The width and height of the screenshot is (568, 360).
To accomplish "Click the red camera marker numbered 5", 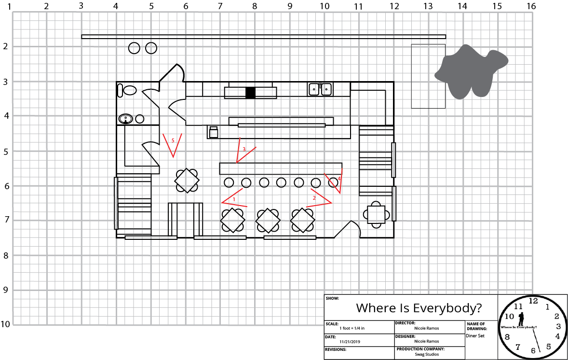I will [173, 143].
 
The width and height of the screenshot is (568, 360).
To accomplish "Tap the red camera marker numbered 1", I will [234, 199].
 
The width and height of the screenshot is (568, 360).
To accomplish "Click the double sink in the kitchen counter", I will [320, 89].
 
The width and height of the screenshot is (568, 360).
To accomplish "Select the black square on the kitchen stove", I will [250, 93].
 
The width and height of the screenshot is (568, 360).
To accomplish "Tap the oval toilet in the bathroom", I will [130, 90].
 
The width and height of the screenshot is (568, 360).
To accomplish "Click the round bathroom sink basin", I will [126, 118].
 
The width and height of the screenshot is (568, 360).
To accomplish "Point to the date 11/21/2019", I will [351, 341].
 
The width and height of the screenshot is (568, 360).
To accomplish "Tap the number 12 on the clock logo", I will [533, 300].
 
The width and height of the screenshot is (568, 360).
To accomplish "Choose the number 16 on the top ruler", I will [531, 6].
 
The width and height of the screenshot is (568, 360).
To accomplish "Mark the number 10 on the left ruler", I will [5, 324].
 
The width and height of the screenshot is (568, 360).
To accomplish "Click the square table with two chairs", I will [376, 213].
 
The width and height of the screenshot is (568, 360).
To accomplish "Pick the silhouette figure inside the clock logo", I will [521, 319].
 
